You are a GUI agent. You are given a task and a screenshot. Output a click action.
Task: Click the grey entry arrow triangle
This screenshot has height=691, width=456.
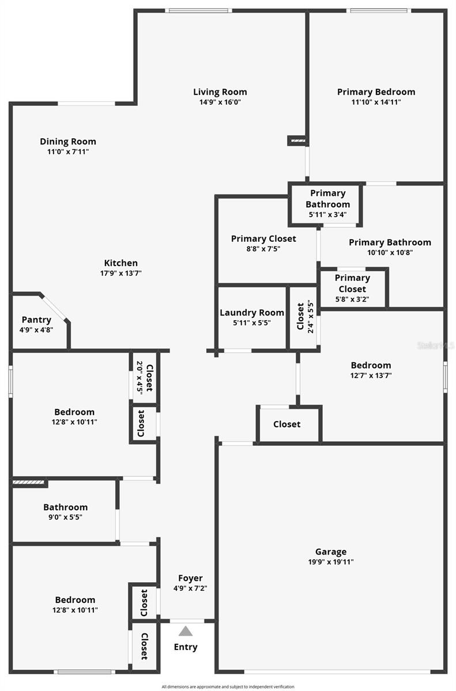pos(185,631)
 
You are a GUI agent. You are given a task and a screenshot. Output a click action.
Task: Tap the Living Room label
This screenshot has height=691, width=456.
pos(220,92)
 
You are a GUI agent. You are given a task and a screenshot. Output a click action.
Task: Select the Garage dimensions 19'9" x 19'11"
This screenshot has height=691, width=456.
pos(331,562)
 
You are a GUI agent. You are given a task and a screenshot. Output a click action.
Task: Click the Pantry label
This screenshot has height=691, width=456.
pos(36,320)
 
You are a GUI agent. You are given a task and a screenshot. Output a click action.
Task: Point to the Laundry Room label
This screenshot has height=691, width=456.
pos(251,313)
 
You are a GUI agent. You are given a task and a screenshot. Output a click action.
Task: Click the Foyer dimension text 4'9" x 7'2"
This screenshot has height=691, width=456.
pos(190,589)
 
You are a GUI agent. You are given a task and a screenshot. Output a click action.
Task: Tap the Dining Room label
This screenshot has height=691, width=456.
pos(68,142)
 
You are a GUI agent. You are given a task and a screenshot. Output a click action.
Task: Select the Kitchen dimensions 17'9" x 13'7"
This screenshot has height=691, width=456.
pos(120,273)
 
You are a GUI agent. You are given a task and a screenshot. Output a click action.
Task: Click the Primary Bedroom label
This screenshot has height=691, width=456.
pos(376,92)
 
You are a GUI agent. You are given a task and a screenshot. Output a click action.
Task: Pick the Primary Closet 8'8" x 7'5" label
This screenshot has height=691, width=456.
pos(263,244)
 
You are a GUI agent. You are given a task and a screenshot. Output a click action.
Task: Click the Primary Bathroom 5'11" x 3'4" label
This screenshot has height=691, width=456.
pos(327,204)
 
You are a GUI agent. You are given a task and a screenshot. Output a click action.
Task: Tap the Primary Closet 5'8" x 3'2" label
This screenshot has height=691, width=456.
pos(352,288)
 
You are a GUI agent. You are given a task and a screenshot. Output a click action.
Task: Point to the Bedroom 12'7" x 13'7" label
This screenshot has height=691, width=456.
pos(371,370)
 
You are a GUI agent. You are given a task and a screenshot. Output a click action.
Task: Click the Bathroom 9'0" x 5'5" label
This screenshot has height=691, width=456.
pos(65,512)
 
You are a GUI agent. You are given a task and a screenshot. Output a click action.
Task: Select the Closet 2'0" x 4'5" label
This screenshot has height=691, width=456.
pos(144,378)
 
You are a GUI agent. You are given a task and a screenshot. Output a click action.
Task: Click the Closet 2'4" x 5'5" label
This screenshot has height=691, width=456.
pos(305,317)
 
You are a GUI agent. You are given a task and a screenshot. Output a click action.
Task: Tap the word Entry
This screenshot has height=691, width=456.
pos(185,647)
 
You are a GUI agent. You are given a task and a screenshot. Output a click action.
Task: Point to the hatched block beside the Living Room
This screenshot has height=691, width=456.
pos(298,141)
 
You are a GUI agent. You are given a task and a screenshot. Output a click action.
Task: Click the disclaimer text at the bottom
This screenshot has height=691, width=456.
pos(228,686)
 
